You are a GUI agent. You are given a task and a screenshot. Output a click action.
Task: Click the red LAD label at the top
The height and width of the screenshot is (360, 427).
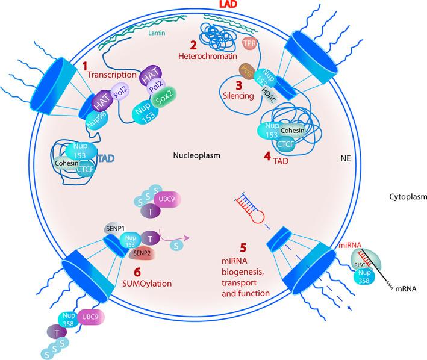point(214,5)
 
